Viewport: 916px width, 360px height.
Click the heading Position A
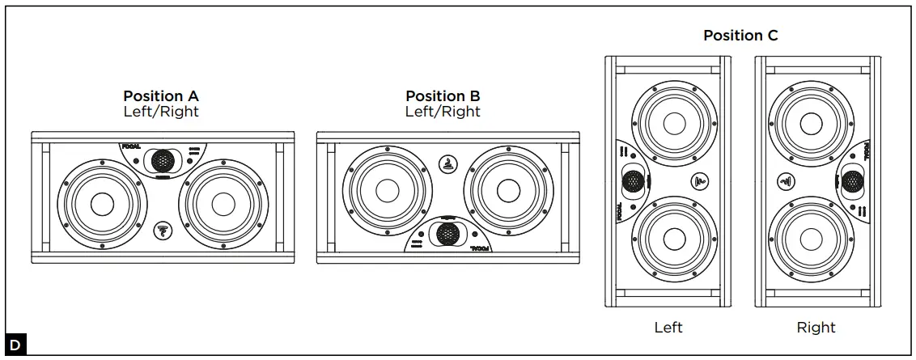coord(160,96)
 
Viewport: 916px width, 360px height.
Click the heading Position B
coord(443,96)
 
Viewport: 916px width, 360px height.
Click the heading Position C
coord(740,36)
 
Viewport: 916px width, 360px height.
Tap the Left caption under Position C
coord(668,328)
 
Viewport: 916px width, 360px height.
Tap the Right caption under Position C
coord(816,328)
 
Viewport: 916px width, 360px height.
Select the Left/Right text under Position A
coord(160,112)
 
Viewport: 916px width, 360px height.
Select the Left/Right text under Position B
coord(443,112)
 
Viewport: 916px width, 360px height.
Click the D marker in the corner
coord(15,345)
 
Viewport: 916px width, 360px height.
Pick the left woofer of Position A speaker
coord(101,204)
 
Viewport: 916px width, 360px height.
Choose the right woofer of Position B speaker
coord(508,189)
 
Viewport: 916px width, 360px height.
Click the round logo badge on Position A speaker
coord(162,231)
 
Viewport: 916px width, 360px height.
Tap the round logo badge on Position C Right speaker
coord(784,181)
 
